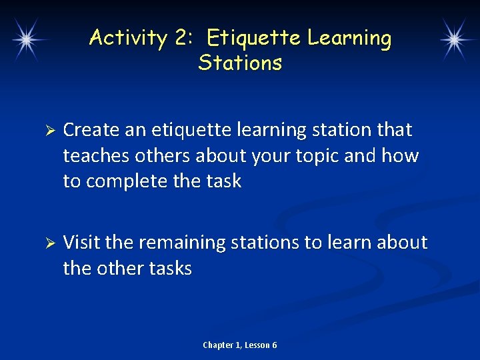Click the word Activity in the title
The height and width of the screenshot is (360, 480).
127,38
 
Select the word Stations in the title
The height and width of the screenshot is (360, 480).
240,63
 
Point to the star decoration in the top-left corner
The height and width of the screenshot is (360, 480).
26,39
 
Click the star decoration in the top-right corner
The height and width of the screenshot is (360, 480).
454,39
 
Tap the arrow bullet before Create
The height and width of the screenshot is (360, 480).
46,130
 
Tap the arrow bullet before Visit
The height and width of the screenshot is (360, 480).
46,243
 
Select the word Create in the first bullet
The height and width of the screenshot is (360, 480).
91,129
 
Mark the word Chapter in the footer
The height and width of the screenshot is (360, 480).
218,345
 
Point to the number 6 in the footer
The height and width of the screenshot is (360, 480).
274,345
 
